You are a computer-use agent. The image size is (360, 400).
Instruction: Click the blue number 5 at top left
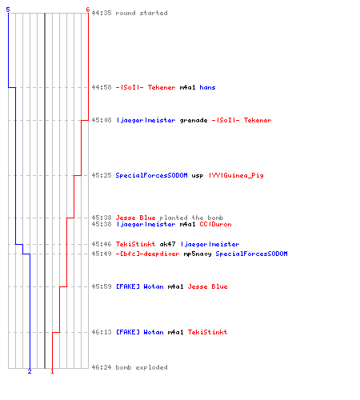point(8,10)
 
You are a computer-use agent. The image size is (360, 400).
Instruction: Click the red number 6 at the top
point(88,10)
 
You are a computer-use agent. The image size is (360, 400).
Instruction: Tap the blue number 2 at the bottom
point(30,371)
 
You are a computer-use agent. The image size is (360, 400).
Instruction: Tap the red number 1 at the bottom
point(52,371)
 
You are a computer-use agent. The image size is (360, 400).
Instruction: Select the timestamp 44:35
point(102,13)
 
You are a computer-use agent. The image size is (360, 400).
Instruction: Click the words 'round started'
point(142,13)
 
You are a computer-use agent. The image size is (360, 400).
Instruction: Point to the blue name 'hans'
point(207,87)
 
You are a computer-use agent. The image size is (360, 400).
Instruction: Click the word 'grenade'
point(194,121)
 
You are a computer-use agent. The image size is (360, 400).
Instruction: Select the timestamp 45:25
point(102,175)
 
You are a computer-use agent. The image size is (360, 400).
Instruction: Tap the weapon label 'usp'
point(198,176)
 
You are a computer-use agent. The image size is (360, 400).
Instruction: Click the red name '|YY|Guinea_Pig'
point(236,175)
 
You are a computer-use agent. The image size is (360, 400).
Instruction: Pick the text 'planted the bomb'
point(191,218)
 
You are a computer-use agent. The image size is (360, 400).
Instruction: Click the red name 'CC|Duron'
point(215,224)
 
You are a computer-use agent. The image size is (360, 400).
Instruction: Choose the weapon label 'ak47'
point(167,244)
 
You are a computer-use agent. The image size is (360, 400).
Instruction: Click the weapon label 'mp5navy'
point(198,254)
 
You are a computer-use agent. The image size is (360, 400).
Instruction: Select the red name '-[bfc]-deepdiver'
point(147,254)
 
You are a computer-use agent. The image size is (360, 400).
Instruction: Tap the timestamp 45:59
point(102,286)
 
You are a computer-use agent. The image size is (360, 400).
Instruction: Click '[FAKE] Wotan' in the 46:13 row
point(140,332)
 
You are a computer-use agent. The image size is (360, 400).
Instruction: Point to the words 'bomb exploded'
point(142,367)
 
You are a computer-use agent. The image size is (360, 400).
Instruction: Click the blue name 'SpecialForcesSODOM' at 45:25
point(151,175)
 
